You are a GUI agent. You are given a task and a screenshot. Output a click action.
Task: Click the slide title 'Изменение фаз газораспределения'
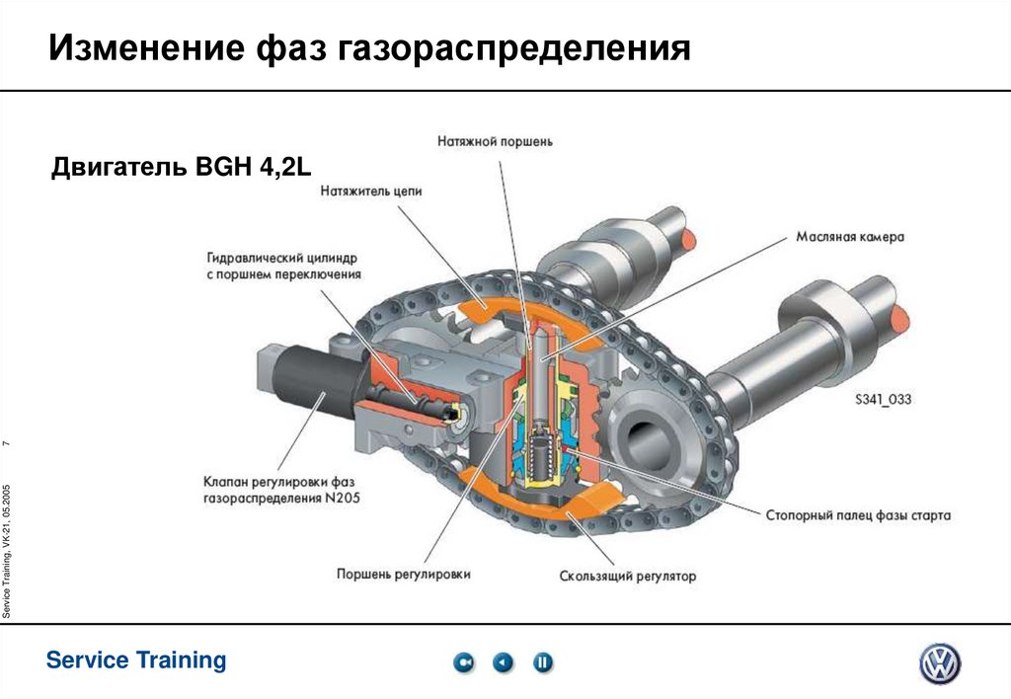point(370,47)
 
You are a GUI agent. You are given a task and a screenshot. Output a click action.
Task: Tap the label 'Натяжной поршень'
point(495,141)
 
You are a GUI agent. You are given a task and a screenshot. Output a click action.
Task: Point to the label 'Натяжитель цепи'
point(370,193)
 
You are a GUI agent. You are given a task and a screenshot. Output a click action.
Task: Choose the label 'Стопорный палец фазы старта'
point(858,515)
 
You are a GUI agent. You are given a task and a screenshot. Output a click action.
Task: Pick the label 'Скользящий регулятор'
point(627,576)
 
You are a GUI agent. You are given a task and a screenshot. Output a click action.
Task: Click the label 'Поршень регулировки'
point(403,573)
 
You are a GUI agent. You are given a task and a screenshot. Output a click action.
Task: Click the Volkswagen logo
point(939,663)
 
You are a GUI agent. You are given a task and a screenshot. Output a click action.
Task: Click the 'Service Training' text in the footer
point(136,660)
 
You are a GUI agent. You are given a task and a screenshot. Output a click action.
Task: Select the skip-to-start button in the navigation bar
point(464,662)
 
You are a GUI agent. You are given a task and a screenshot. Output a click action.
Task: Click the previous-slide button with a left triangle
point(504,662)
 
